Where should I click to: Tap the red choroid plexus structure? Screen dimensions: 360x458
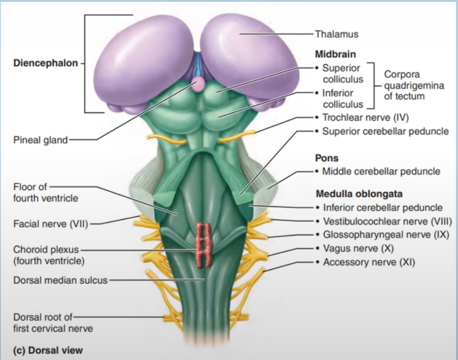tap(204, 244)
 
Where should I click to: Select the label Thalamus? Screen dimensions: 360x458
tap(337, 34)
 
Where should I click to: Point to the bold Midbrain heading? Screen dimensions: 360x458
tap(335, 55)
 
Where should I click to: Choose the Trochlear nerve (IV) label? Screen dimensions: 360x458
tap(365, 117)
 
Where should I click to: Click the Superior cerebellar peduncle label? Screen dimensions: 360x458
tap(385, 131)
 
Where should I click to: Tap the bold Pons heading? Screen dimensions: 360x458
tap(326, 158)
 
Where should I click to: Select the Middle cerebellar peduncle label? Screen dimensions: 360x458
tap(381, 172)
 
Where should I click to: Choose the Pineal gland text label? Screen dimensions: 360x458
tap(40, 140)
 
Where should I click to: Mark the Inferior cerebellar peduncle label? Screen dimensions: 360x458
tap(382, 208)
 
